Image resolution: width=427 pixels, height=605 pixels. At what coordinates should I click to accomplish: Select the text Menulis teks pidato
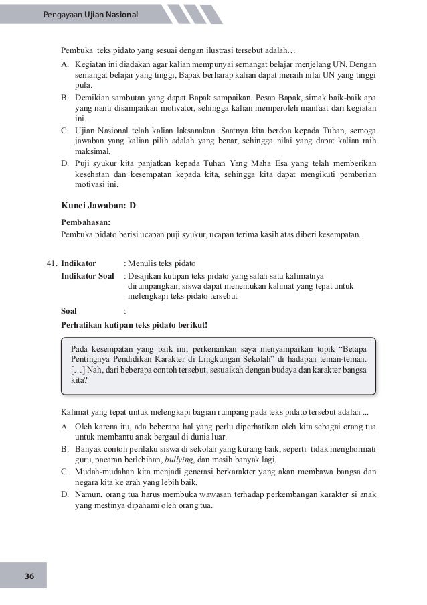[x=162, y=263]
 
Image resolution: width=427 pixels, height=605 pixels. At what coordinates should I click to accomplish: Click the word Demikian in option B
[x=90, y=97]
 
